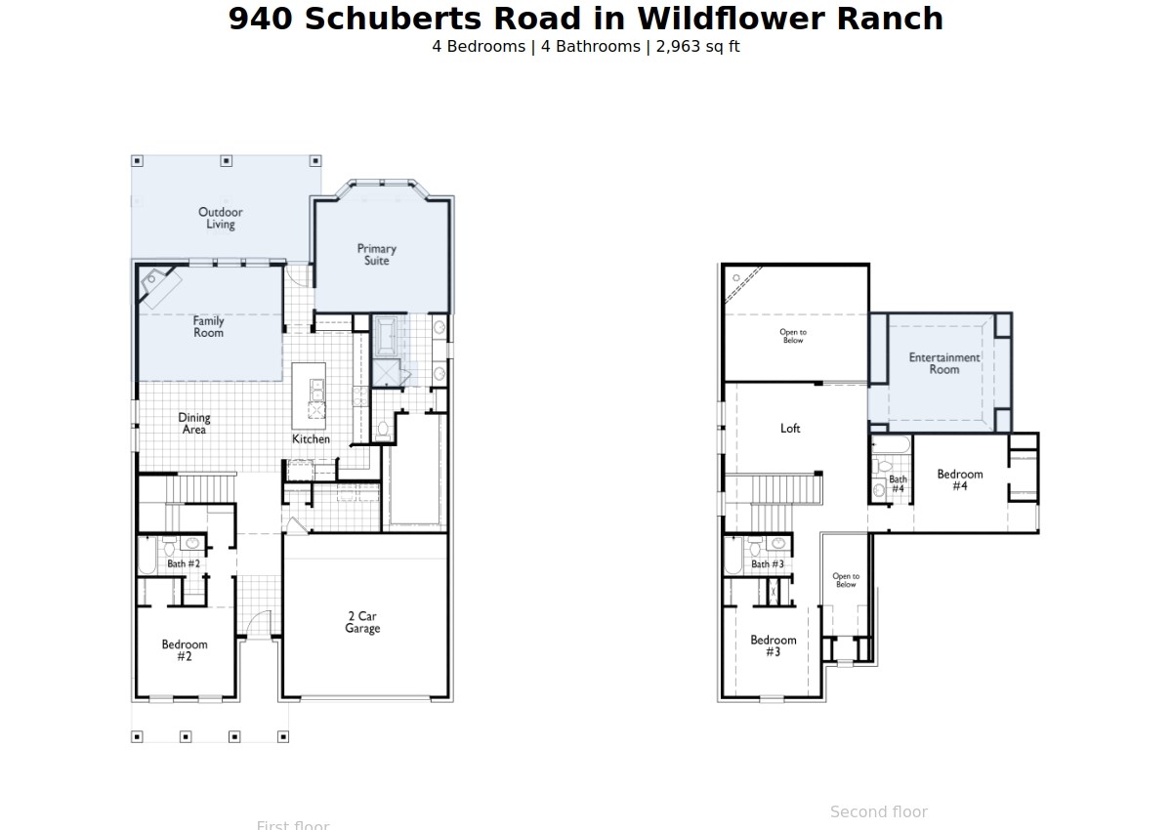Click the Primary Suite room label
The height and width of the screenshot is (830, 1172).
tap(376, 255)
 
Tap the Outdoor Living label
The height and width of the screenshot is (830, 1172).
tap(221, 218)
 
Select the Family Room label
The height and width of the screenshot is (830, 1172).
tap(208, 326)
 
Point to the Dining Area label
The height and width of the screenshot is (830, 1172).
tap(194, 424)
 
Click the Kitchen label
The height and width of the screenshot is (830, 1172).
tap(311, 439)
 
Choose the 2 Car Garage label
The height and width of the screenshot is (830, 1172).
tap(362, 622)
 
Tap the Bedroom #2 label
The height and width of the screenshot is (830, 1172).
tap(185, 650)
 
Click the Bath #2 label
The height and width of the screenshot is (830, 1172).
tap(184, 563)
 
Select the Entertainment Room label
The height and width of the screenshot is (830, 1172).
tap(943, 363)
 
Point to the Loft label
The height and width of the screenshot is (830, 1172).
tap(790, 429)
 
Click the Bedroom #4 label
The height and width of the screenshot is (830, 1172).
tap(959, 479)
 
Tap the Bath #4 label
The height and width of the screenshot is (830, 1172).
tap(898, 483)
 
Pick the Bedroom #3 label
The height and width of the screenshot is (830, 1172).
tap(773, 645)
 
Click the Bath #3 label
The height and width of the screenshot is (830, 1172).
tap(767, 564)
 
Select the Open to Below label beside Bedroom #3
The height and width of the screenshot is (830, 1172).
tap(846, 580)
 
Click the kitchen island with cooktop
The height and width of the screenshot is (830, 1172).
tap(309, 391)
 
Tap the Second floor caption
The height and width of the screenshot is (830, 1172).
tap(878, 811)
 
